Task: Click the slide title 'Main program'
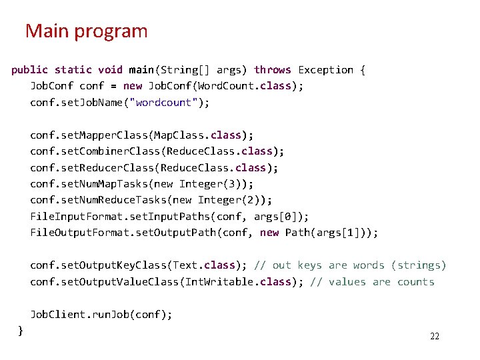[x=86, y=31]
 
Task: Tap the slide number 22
[x=435, y=336]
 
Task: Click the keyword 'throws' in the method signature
[x=273, y=70]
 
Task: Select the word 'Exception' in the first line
[x=326, y=70]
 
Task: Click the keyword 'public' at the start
[x=29, y=70]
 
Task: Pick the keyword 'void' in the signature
[x=110, y=70]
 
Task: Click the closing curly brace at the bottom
[x=21, y=330]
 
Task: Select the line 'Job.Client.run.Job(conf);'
[x=101, y=315]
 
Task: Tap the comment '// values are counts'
[x=372, y=282]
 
